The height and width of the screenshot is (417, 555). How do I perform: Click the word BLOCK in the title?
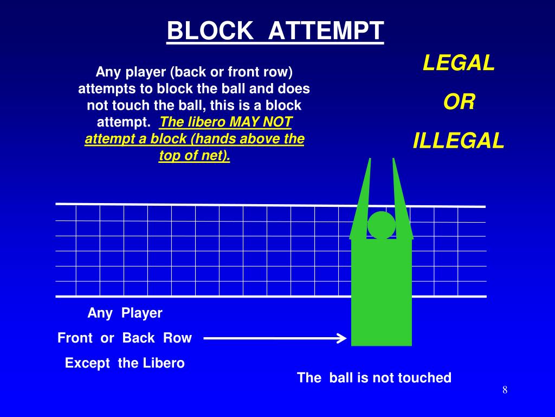point(210,31)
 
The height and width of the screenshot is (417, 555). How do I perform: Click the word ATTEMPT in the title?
point(326,31)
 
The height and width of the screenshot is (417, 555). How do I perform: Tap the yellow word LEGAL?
point(459,64)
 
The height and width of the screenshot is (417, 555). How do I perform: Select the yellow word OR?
point(459,103)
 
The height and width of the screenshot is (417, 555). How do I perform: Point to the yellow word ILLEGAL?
point(459,141)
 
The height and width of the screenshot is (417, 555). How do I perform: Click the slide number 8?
point(505,390)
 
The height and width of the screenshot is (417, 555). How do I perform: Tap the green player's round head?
point(382,225)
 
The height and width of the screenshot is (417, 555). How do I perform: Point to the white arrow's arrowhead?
point(341,339)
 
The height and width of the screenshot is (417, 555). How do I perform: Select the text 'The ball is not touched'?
point(374,378)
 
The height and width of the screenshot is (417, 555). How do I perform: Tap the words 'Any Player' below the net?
point(125,313)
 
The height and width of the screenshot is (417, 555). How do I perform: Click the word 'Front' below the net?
point(75,338)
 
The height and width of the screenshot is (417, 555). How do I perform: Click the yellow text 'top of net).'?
point(195,156)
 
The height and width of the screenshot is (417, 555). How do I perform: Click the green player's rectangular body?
point(382,293)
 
